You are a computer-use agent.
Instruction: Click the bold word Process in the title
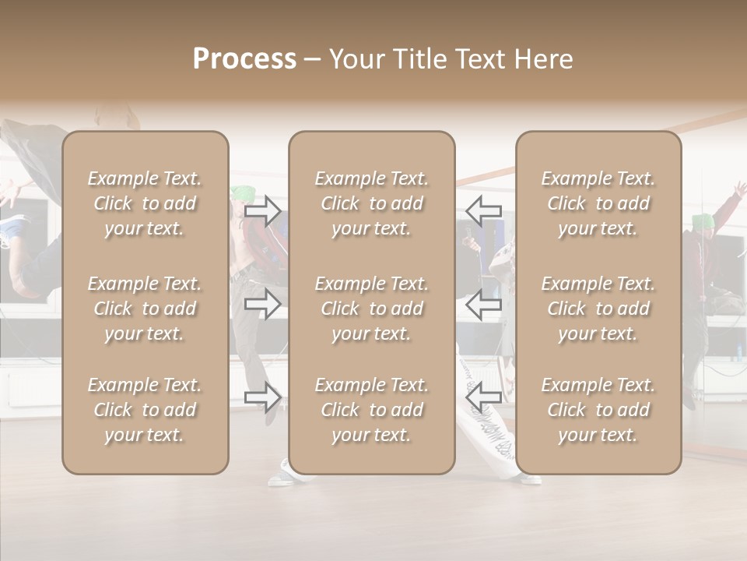[244, 59]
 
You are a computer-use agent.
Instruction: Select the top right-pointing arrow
[263, 211]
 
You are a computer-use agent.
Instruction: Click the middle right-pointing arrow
[263, 304]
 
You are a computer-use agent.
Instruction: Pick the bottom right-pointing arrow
[263, 397]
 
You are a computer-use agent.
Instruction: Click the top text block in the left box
[145, 203]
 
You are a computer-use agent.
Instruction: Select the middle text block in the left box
[145, 309]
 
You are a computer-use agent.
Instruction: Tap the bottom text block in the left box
[145, 410]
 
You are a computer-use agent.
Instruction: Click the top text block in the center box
[371, 203]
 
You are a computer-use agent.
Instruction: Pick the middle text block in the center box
[371, 309]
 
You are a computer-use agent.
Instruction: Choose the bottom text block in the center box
[371, 410]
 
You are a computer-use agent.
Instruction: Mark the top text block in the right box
[598, 203]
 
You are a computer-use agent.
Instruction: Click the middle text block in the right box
[598, 309]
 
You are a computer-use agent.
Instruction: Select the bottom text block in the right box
[598, 410]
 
